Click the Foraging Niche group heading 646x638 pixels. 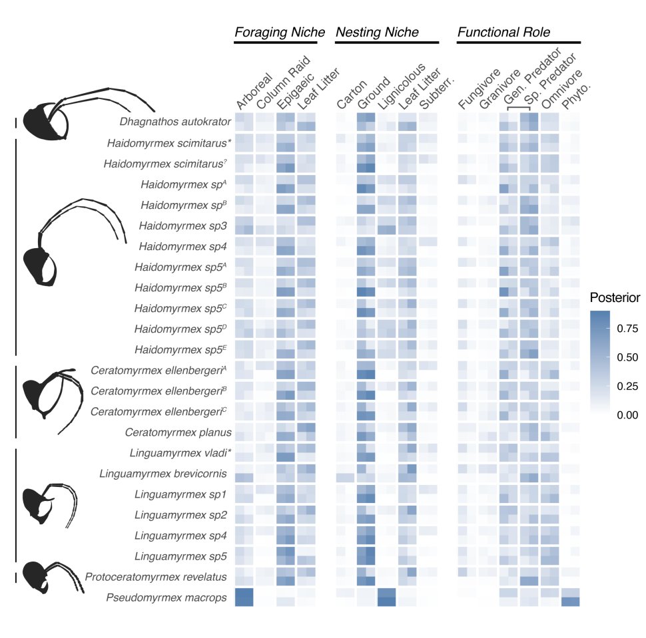coord(279,33)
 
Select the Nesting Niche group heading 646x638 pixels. coord(377,33)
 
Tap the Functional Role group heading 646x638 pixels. coord(503,33)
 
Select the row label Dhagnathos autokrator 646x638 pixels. coord(175,122)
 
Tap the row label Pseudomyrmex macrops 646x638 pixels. coord(168,598)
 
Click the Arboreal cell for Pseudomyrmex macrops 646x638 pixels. coord(244,597)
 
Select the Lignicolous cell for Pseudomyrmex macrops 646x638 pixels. coord(387,597)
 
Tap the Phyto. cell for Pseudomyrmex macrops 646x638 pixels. coord(570,597)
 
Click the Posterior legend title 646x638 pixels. coord(615,297)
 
